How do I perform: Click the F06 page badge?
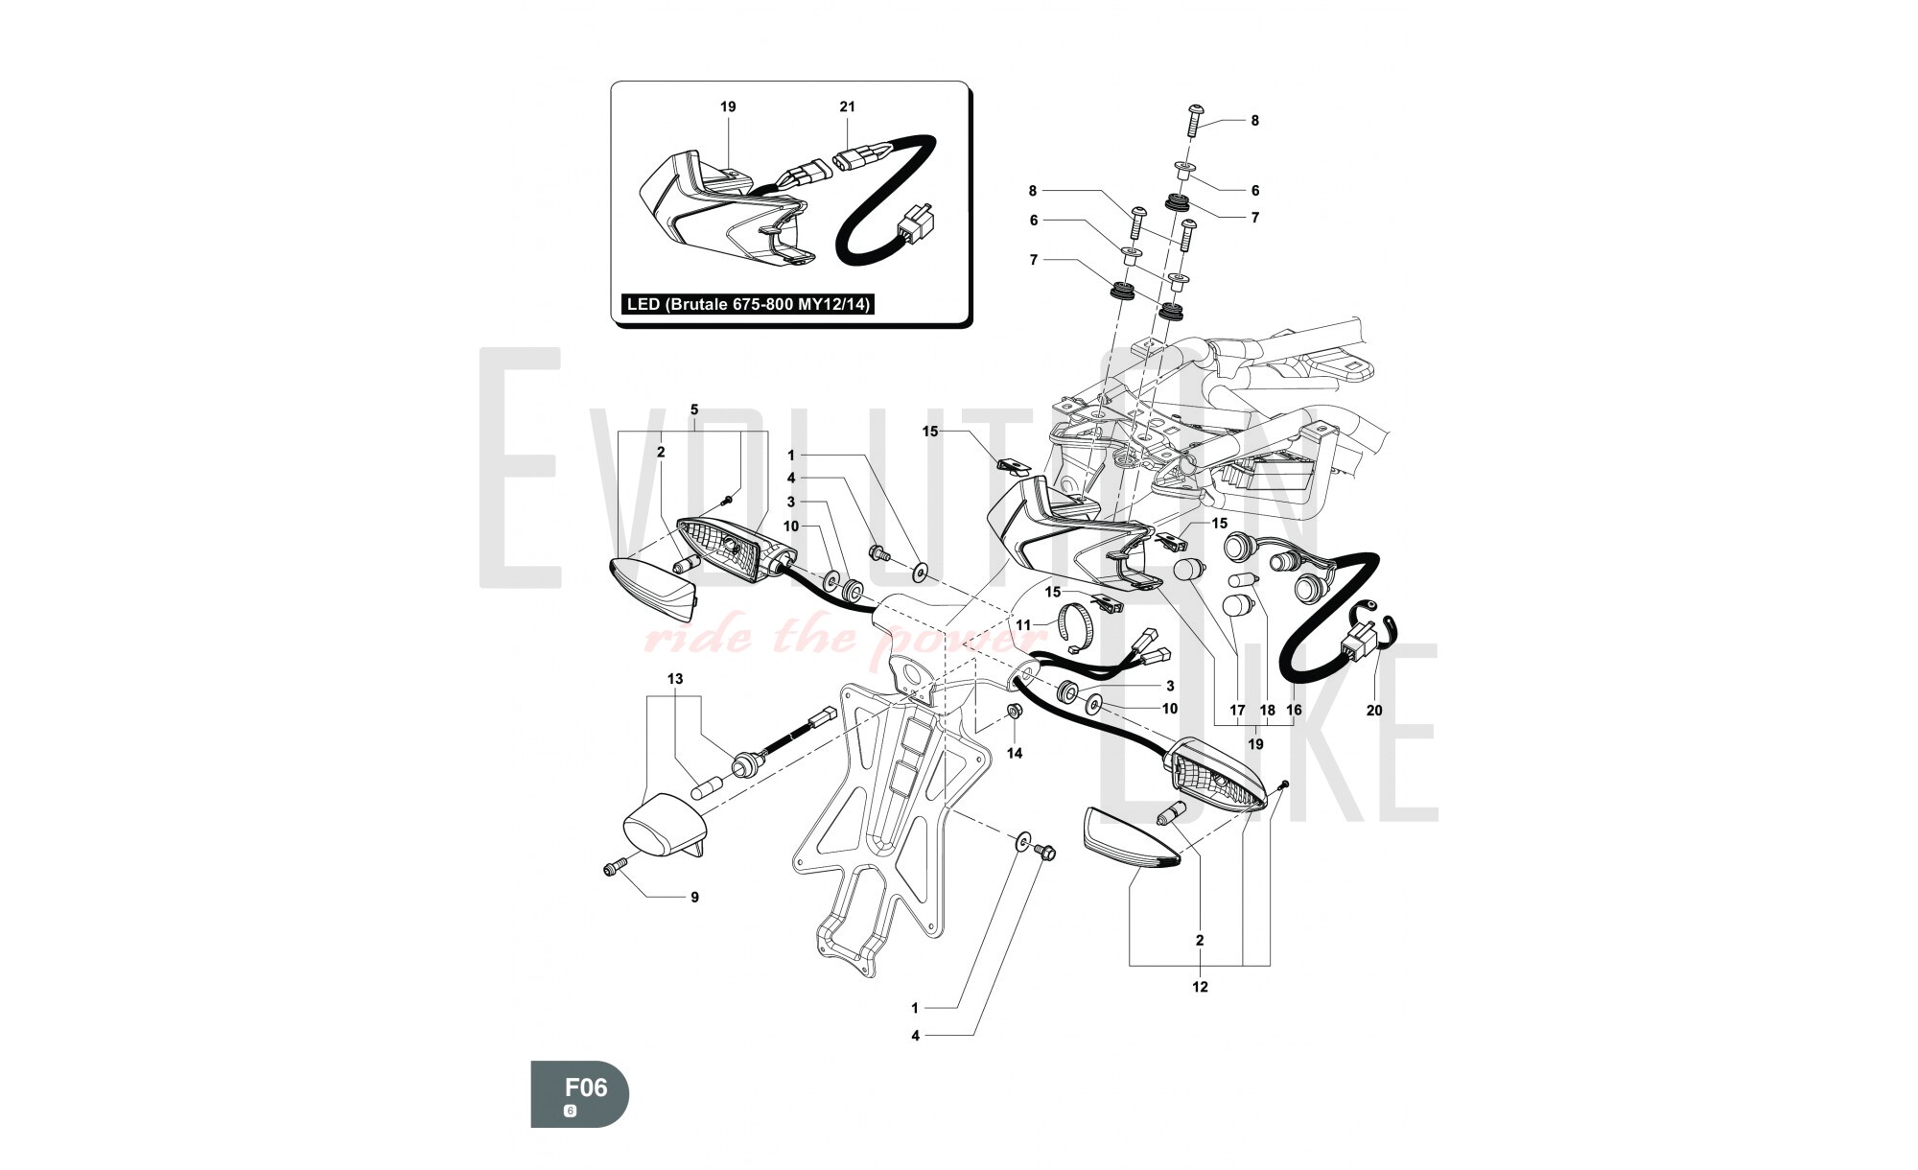(580, 1093)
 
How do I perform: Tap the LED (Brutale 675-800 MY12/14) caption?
(748, 305)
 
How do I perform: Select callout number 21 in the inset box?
(847, 107)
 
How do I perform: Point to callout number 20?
(1374, 711)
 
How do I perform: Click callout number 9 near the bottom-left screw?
(694, 898)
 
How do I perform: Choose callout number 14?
(1015, 754)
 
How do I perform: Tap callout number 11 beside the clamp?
(1023, 625)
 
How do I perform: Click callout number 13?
(675, 679)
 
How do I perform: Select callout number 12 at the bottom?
(1200, 987)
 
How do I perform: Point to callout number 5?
(694, 409)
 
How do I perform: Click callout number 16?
(1294, 711)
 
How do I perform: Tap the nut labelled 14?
(1012, 711)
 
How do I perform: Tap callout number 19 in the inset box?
(728, 107)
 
